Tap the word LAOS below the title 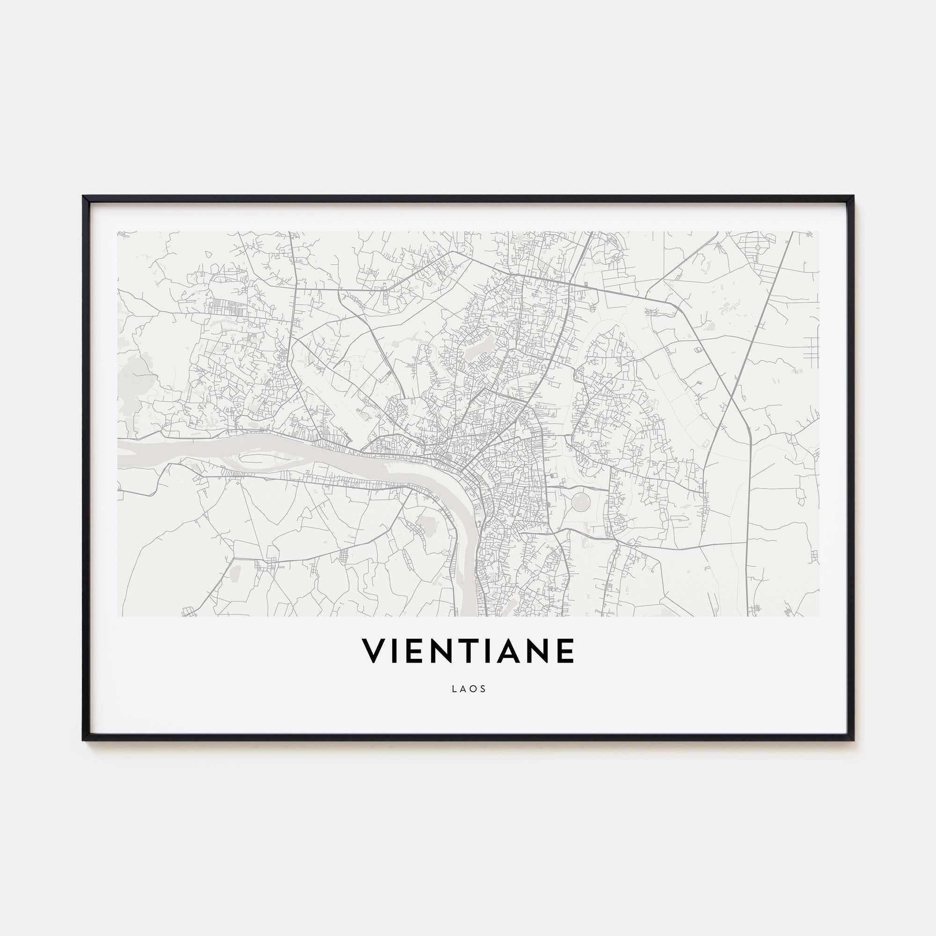468,689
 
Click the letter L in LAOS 453,689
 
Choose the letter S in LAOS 483,689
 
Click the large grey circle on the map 580,501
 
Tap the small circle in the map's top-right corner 757,247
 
